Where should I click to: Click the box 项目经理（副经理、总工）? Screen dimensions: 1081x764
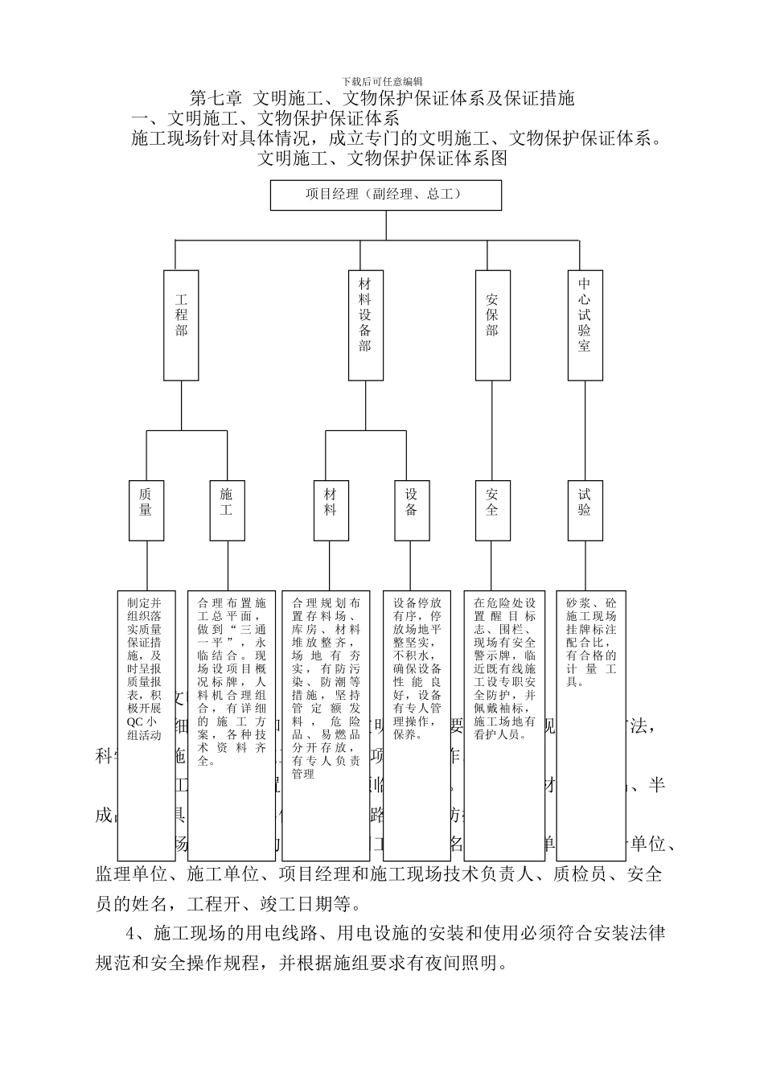pyautogui.click(x=385, y=195)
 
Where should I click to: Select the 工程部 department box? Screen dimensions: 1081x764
pyautogui.click(x=181, y=325)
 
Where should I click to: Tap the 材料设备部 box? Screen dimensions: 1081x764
pyautogui.click(x=365, y=325)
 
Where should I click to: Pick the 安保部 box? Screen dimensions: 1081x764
pyautogui.click(x=492, y=325)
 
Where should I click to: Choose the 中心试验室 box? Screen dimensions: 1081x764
pyautogui.click(x=585, y=325)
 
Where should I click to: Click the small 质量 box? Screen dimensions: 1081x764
pyautogui.click(x=146, y=510)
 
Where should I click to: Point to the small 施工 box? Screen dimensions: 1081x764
pyautogui.click(x=227, y=510)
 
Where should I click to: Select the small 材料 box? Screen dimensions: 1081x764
pyautogui.click(x=331, y=510)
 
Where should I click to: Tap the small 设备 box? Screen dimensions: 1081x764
pyautogui.click(x=412, y=510)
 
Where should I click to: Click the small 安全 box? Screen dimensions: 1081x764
pyautogui.click(x=492, y=510)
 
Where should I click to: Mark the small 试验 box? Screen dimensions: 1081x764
pyautogui.click(x=585, y=510)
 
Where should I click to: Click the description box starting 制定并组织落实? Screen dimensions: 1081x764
pyautogui.click(x=146, y=724)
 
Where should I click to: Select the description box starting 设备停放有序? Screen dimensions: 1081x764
pyautogui.click(x=417, y=724)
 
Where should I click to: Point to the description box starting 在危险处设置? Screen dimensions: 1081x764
pyautogui.click(x=504, y=724)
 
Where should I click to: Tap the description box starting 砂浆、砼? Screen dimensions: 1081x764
pyautogui.click(x=590, y=724)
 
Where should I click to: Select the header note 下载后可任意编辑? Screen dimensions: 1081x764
pyautogui.click(x=382, y=81)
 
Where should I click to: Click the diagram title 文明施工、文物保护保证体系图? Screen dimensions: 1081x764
pyautogui.click(x=382, y=158)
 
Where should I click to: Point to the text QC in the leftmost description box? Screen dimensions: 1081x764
pyautogui.click(x=133, y=721)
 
